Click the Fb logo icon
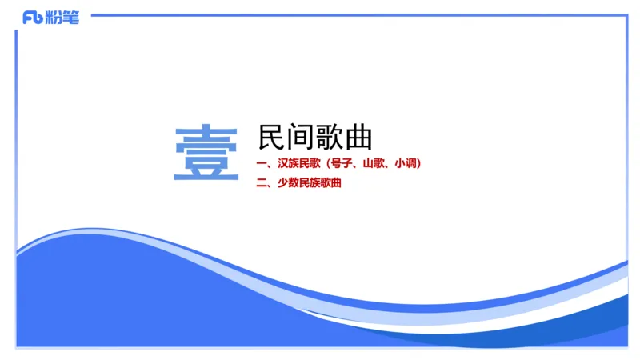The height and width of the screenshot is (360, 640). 33,17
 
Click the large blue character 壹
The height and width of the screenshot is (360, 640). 206,153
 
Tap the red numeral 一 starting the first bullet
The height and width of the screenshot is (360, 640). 262,164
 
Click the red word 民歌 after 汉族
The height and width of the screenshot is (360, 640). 312,164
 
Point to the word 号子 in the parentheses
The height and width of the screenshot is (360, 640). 343,164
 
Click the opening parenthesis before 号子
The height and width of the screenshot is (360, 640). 329,164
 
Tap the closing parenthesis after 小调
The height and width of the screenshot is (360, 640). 419,164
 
